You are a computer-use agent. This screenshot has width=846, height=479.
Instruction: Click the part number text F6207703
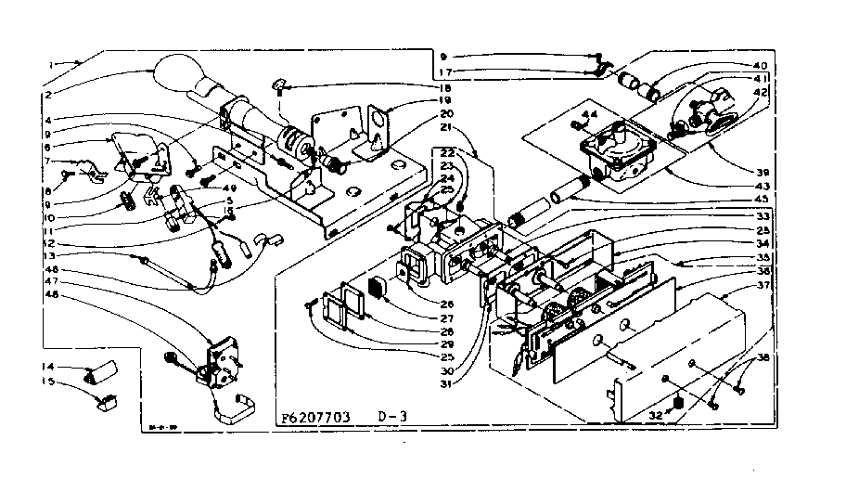[x=314, y=419]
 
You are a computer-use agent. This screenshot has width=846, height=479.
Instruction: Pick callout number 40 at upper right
[x=760, y=66]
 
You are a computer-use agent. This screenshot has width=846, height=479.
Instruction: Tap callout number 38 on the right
[x=763, y=357]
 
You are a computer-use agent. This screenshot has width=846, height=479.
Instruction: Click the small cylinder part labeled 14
[x=98, y=371]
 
